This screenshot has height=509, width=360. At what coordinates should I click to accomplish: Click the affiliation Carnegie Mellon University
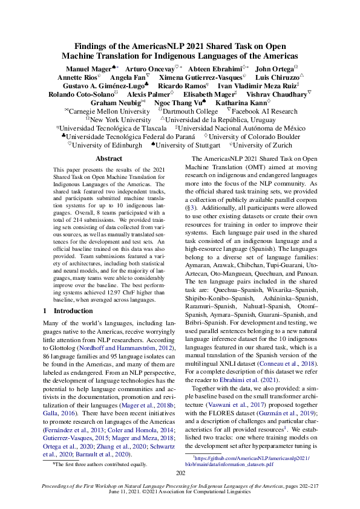point(109,111)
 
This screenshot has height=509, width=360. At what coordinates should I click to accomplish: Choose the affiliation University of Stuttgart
point(187,145)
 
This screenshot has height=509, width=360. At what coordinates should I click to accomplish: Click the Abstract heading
point(109,158)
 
